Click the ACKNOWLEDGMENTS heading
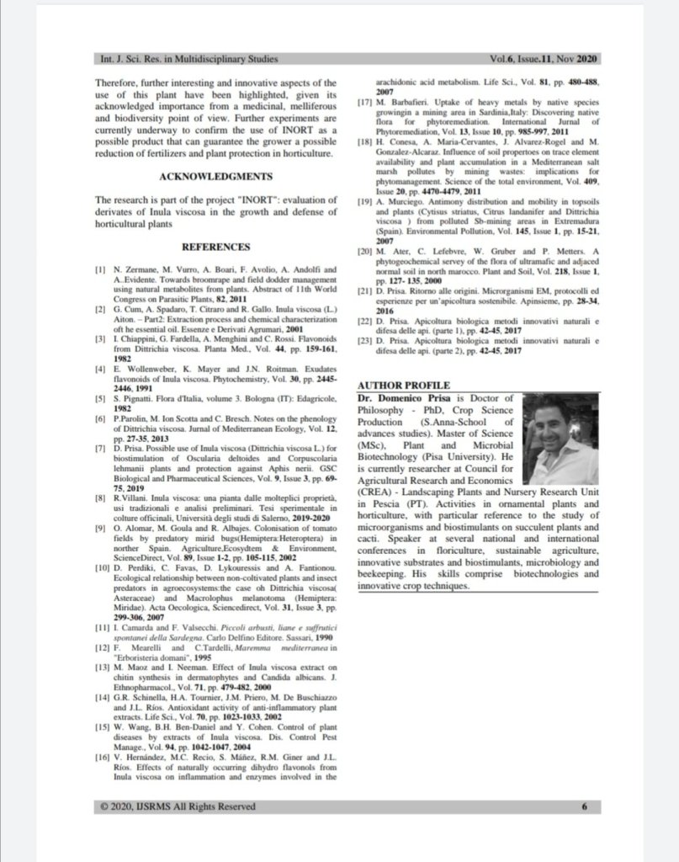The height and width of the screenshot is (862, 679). point(216,177)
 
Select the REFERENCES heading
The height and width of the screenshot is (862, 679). point(216,247)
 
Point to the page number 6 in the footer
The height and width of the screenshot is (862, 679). point(583,806)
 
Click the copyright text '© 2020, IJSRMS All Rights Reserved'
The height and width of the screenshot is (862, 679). point(177,806)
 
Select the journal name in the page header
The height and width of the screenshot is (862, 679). point(188,60)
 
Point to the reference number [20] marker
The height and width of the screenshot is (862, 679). point(364,251)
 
